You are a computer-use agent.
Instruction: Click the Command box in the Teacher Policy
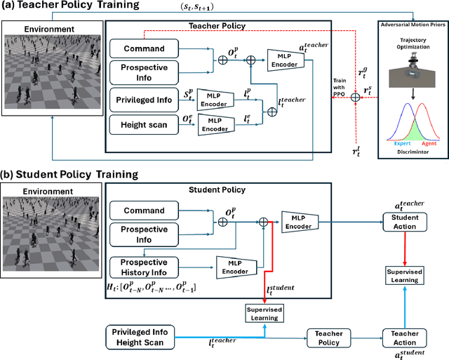click(x=144, y=48)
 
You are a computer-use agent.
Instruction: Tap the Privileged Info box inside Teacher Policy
click(x=144, y=99)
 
